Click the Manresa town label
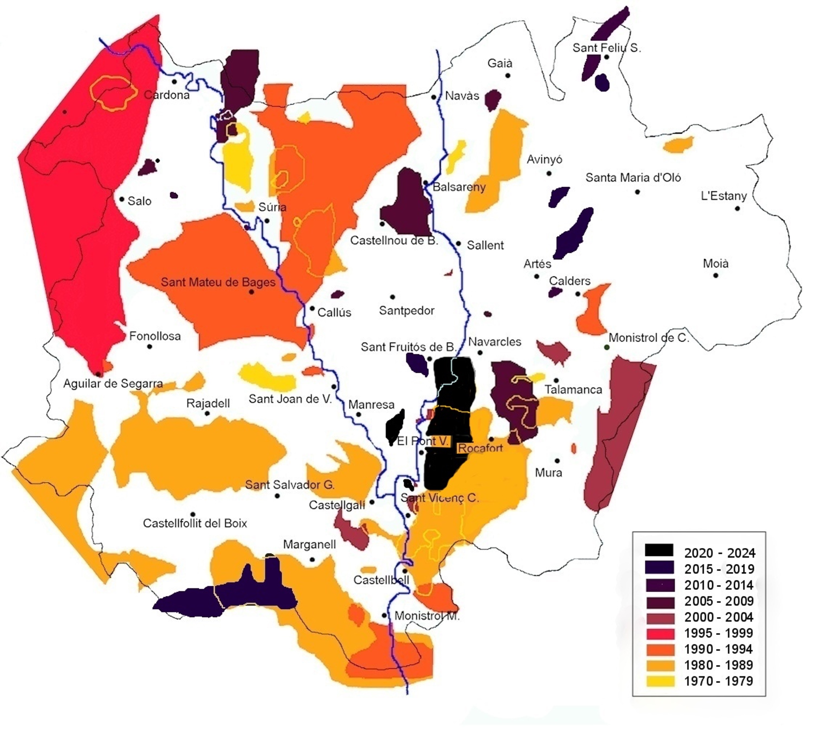371,404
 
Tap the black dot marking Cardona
174,82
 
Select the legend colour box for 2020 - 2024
659,550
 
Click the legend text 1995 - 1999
718,633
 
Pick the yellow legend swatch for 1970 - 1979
659,681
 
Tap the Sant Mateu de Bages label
218,282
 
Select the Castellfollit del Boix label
195,523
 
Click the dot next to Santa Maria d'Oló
637,192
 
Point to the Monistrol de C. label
649,338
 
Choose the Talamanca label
573,390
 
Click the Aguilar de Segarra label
113,384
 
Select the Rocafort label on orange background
480,448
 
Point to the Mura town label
548,472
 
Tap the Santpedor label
406,310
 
